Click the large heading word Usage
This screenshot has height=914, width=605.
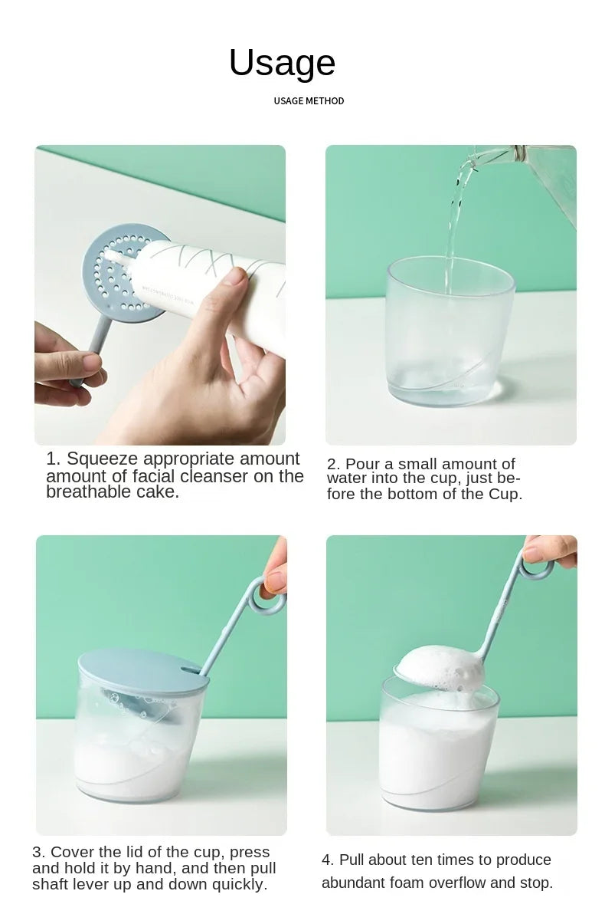click(x=282, y=63)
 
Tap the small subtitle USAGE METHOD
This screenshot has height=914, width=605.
click(x=309, y=101)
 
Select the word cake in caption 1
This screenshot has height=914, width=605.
click(x=162, y=492)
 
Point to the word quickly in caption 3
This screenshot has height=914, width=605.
click(x=240, y=884)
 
